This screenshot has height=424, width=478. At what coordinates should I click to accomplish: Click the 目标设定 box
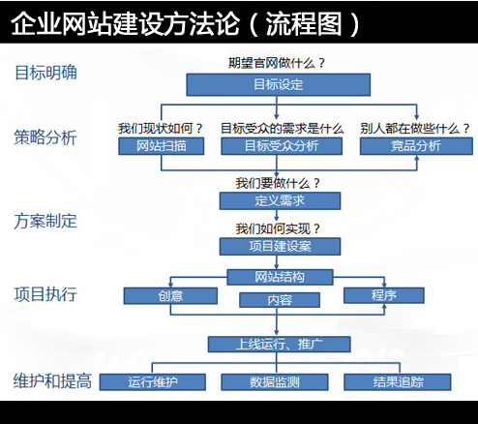pos(278,84)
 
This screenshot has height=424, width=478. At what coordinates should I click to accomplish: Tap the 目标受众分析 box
pos(281,146)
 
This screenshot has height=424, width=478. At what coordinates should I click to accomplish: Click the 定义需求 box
pos(279,200)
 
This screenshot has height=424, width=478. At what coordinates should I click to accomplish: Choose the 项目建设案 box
pos(279,246)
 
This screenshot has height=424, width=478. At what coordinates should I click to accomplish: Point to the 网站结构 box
pos(280,277)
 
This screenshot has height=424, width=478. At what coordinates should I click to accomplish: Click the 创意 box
pos(170,294)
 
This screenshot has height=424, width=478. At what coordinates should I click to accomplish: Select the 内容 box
pos(280,300)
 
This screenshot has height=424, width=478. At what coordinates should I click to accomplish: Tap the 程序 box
pos(383,294)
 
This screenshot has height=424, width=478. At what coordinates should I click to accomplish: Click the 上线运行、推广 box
pos(279,344)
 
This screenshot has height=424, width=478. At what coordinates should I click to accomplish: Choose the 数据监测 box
pos(275,382)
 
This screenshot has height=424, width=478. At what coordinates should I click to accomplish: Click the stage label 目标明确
pos(45,72)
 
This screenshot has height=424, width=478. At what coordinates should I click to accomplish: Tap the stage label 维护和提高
pos(53,379)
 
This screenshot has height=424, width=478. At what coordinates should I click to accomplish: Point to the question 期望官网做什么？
pos(276,64)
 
